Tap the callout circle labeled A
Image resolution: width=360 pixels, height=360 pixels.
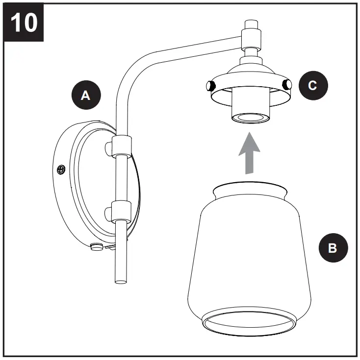85,96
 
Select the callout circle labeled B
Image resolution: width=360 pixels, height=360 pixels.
332,248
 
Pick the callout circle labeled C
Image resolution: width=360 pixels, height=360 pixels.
312,85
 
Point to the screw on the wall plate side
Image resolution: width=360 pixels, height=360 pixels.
61,169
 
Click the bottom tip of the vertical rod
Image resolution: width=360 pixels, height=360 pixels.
120,281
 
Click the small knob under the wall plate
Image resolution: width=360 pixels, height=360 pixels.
97,246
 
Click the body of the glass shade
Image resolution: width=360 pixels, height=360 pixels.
250,255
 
